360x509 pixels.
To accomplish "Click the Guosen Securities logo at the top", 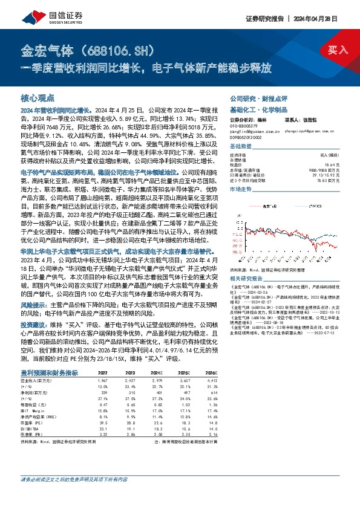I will pyautogui.click(x=45, y=12).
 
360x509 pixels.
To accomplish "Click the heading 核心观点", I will pyautogui.click(x=38, y=97).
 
